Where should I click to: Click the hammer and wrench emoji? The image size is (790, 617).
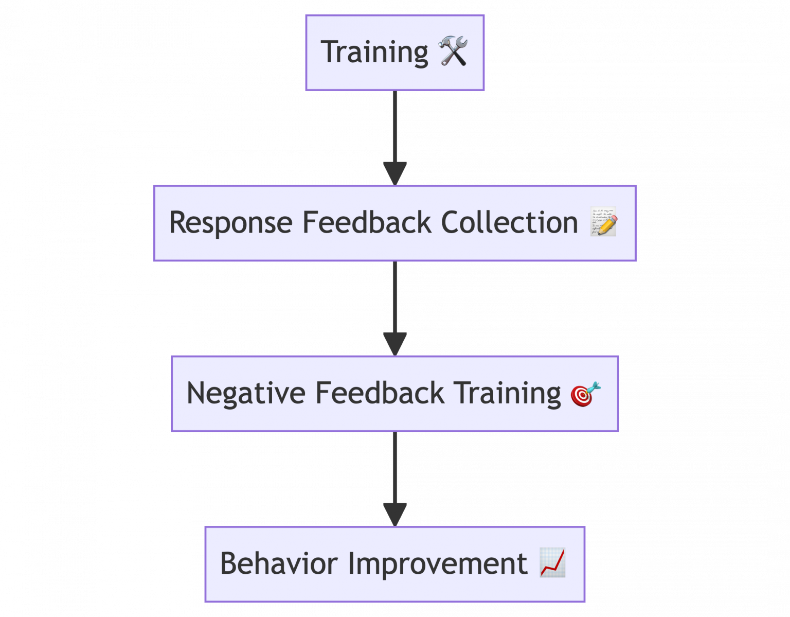(453, 51)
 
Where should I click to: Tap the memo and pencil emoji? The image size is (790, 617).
(603, 222)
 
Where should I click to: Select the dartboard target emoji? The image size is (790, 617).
(585, 394)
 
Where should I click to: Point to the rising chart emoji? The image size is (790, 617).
(552, 562)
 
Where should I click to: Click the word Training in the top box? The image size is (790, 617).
(374, 52)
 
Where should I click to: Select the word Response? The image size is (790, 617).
(230, 223)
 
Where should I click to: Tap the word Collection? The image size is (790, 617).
(509, 222)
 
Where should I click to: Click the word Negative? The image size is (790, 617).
(245, 394)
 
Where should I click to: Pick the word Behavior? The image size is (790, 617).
(278, 563)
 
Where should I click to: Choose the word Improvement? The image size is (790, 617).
(437, 563)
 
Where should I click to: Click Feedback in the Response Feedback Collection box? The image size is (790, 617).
(366, 222)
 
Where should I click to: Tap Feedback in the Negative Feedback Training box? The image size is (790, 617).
(380, 393)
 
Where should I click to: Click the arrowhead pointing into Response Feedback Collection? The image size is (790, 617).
(395, 173)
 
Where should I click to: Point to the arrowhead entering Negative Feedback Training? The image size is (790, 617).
(395, 343)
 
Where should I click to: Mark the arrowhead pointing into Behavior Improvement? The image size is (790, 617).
(395, 514)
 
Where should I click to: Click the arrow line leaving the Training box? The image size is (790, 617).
(395, 126)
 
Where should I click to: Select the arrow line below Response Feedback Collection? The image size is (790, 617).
(395, 296)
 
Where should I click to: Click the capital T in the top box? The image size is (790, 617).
(329, 51)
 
